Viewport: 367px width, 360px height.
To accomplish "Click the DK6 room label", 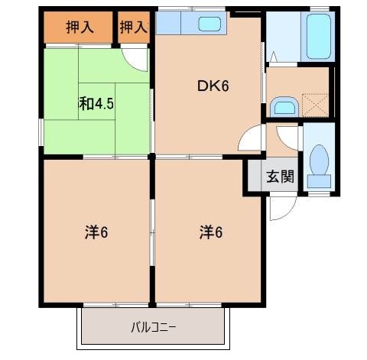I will coord(213,86).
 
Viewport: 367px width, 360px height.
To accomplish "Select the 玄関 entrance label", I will coord(280,177).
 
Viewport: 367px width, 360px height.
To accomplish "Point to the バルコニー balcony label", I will coord(153,328).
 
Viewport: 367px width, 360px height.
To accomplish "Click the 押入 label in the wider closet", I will coord(80,28).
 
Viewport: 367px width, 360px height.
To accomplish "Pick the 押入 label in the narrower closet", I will coord(134,28).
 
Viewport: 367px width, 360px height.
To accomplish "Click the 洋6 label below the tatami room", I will coord(96,232).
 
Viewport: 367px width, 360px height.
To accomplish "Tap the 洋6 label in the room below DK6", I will coord(212,232).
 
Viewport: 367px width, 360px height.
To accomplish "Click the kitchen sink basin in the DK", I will coord(209,24).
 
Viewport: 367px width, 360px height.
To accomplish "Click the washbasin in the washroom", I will coord(284,106).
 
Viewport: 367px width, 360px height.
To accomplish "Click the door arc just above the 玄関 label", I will coord(289,138).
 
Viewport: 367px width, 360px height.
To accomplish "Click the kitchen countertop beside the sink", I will coord(173,24).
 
